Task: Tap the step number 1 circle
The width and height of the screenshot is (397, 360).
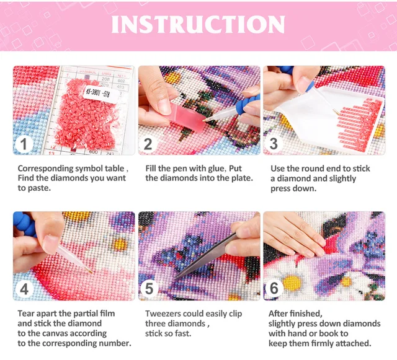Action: click(x=24, y=145)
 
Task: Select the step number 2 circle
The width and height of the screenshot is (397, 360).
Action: click(x=148, y=145)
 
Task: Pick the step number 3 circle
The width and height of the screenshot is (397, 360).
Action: click(x=274, y=145)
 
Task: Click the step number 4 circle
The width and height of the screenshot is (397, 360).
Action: click(x=24, y=289)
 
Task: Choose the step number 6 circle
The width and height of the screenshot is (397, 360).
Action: click(x=274, y=289)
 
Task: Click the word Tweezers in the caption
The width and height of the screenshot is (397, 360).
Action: click(x=164, y=314)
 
